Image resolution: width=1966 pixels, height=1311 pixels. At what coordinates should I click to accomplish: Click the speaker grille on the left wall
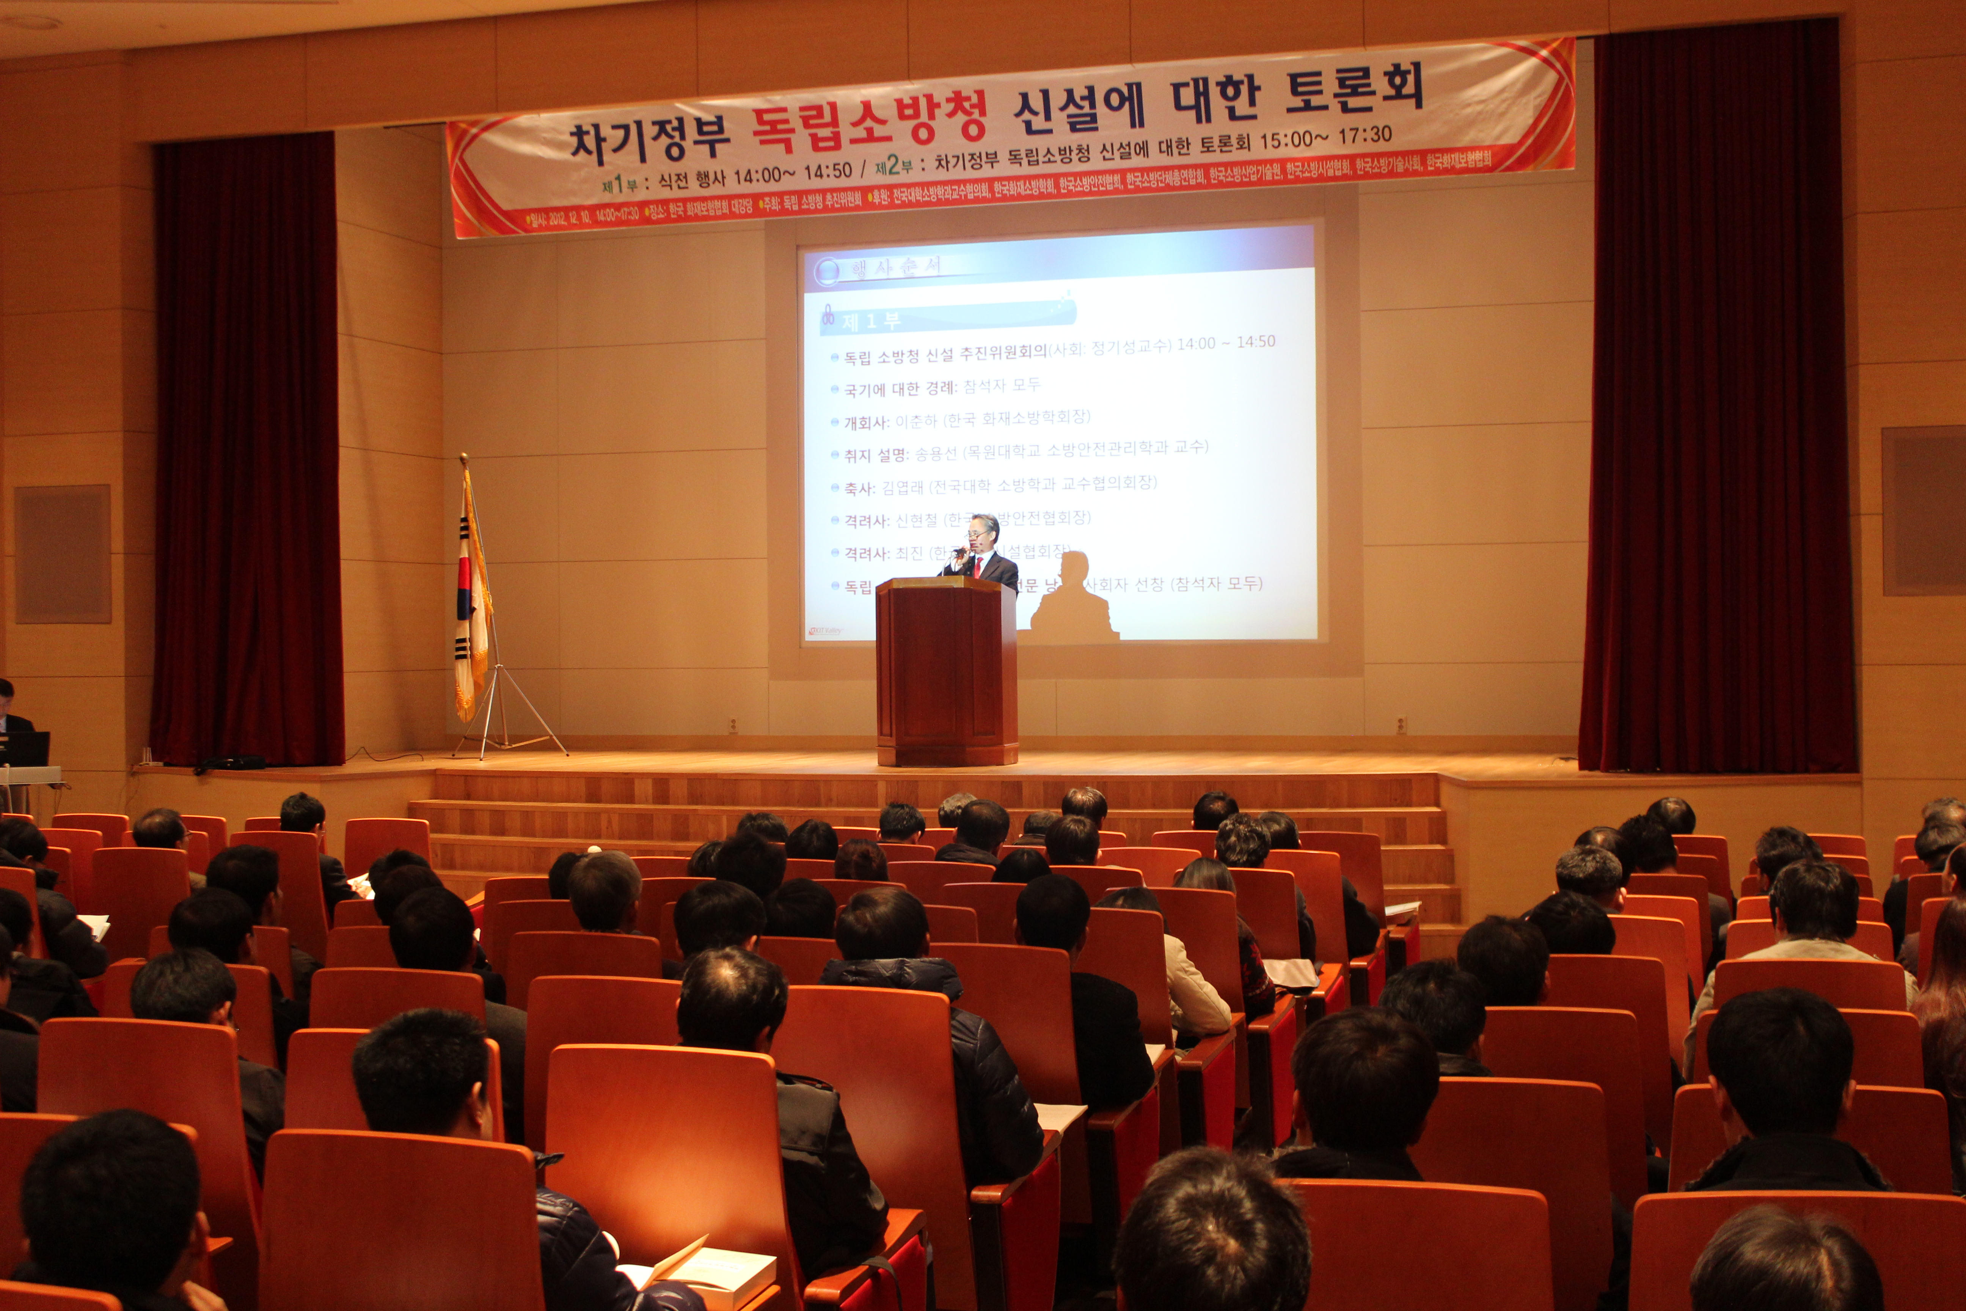point(63,553)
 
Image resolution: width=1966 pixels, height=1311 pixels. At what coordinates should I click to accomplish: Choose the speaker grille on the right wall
point(1922,510)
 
